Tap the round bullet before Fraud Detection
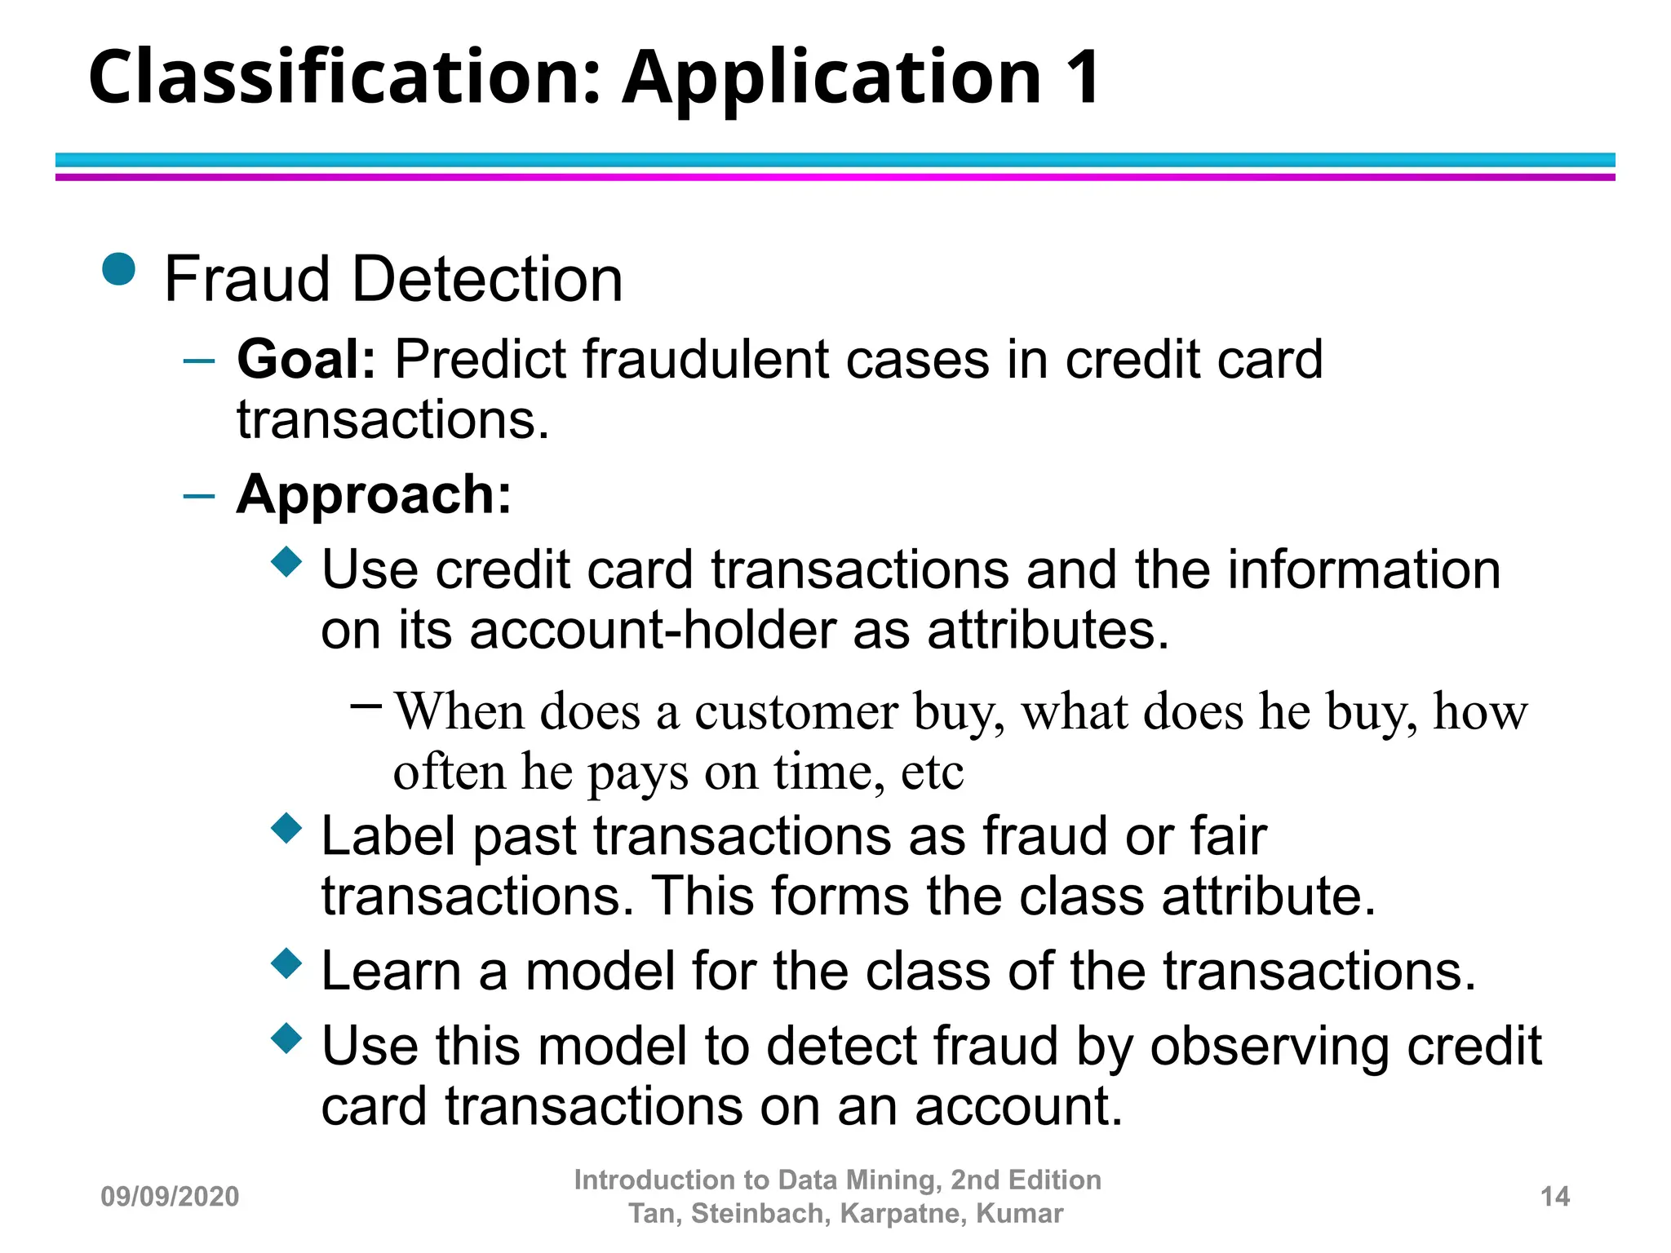pyautogui.click(x=119, y=269)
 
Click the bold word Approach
pyautogui.click(x=373, y=494)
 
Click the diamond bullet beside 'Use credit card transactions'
pyautogui.click(x=286, y=561)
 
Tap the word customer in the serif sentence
pyautogui.click(x=796, y=711)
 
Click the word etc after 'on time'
pyautogui.click(x=932, y=772)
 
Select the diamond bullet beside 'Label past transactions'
pyautogui.click(x=286, y=828)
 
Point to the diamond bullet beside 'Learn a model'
pyautogui.click(x=286, y=963)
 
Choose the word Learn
pyautogui.click(x=391, y=971)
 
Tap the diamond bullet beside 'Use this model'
pyautogui.click(x=286, y=1038)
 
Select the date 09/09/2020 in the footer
pyautogui.click(x=170, y=1197)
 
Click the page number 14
pyautogui.click(x=1555, y=1197)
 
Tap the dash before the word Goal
pyautogui.click(x=199, y=360)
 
